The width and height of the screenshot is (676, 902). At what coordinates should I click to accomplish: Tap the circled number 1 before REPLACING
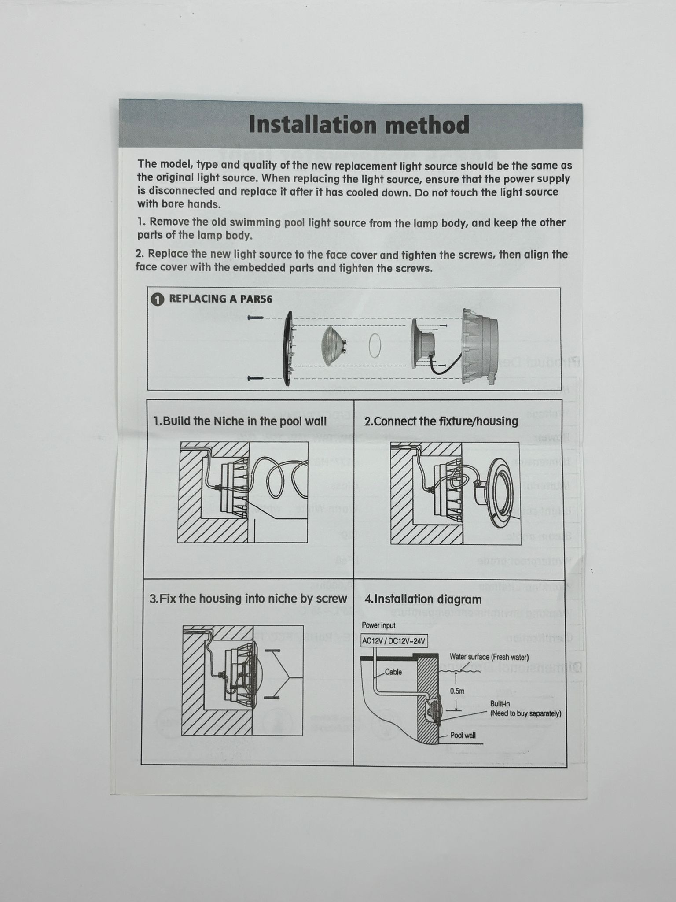pos(157,299)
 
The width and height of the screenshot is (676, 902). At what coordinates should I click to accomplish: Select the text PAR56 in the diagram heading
pos(256,299)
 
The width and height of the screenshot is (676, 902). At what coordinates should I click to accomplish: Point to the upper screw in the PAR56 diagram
pos(256,318)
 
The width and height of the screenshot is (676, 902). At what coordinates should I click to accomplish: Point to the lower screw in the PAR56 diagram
pos(256,378)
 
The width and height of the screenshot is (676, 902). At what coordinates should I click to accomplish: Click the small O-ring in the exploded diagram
pos(375,345)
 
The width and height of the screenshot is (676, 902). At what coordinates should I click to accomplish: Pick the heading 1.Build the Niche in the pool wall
pos(240,421)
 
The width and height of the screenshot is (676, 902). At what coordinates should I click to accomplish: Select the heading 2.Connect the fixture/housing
pos(441,421)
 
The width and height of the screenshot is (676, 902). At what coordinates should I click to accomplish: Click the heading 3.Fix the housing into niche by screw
pos(248,599)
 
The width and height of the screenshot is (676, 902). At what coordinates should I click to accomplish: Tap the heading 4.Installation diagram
pos(423,599)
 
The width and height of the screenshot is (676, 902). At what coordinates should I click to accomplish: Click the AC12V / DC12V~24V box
pos(394,641)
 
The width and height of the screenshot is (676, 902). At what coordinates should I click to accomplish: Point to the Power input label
pos(378,625)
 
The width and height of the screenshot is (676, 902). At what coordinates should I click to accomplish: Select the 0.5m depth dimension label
pos(457,691)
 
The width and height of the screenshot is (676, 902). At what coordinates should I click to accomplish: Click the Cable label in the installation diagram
pos(393,672)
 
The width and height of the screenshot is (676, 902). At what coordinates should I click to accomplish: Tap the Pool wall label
pos(463,735)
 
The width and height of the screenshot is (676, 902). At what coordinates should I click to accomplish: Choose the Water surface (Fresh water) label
pos(489,657)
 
